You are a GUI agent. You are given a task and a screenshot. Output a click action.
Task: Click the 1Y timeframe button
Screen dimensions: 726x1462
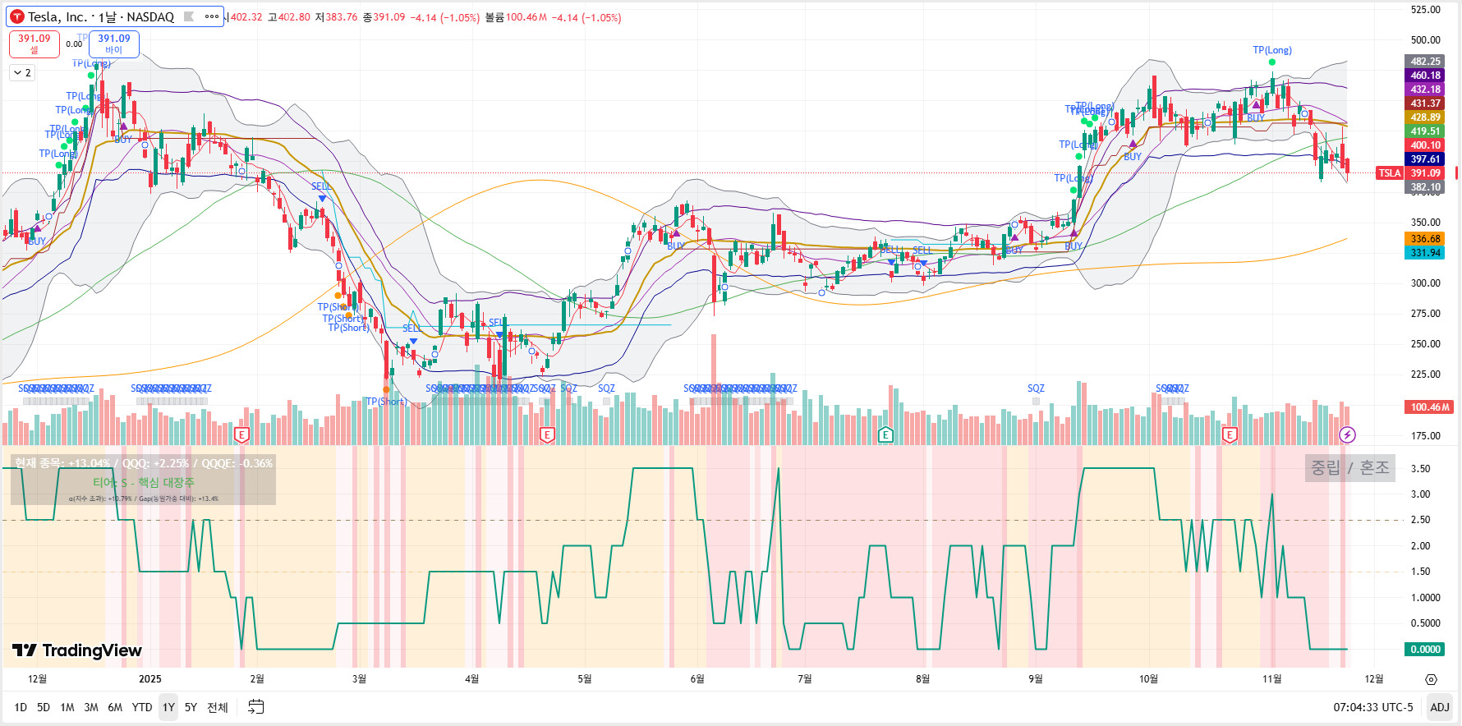coord(168,707)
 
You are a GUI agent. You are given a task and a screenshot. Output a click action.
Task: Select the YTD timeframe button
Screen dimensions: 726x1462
coord(142,707)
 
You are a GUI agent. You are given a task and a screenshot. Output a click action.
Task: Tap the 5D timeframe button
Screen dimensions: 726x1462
coord(44,707)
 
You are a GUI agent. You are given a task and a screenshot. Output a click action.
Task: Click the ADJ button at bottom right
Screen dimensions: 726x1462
coord(1439,707)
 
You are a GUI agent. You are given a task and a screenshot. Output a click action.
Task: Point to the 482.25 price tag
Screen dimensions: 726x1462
coord(1425,62)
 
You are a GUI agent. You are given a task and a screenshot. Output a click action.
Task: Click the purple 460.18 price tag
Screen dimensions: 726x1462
coord(1425,76)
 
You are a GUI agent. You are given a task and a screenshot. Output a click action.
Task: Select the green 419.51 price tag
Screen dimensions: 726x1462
coord(1425,131)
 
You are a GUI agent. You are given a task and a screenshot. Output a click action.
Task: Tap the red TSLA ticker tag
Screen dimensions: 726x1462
coord(1389,173)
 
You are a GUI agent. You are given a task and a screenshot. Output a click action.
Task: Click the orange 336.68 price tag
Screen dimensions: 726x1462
coord(1425,239)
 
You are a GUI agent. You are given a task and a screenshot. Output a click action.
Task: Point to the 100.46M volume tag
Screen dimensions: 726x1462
coord(1430,407)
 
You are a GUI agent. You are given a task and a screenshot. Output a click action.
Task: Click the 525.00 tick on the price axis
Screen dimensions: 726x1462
coord(1425,10)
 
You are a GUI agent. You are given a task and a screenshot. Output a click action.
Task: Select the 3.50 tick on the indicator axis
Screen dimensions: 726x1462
coord(1420,469)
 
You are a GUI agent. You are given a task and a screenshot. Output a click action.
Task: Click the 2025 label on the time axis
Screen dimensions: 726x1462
coord(150,679)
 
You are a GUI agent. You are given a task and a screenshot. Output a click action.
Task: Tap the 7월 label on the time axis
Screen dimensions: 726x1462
coord(805,679)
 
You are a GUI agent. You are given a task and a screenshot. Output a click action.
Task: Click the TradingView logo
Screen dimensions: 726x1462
coord(77,650)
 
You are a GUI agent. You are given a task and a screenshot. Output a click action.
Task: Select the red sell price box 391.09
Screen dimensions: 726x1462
coord(34,44)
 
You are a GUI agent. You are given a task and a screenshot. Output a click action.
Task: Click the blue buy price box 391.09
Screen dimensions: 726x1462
coord(114,44)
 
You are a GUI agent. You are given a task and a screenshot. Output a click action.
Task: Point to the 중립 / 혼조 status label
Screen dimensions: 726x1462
coord(1349,468)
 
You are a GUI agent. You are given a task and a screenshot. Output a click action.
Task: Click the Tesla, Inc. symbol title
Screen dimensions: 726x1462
coord(100,16)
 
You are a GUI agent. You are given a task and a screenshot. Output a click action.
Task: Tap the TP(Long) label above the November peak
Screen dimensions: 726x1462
coord(1271,50)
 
